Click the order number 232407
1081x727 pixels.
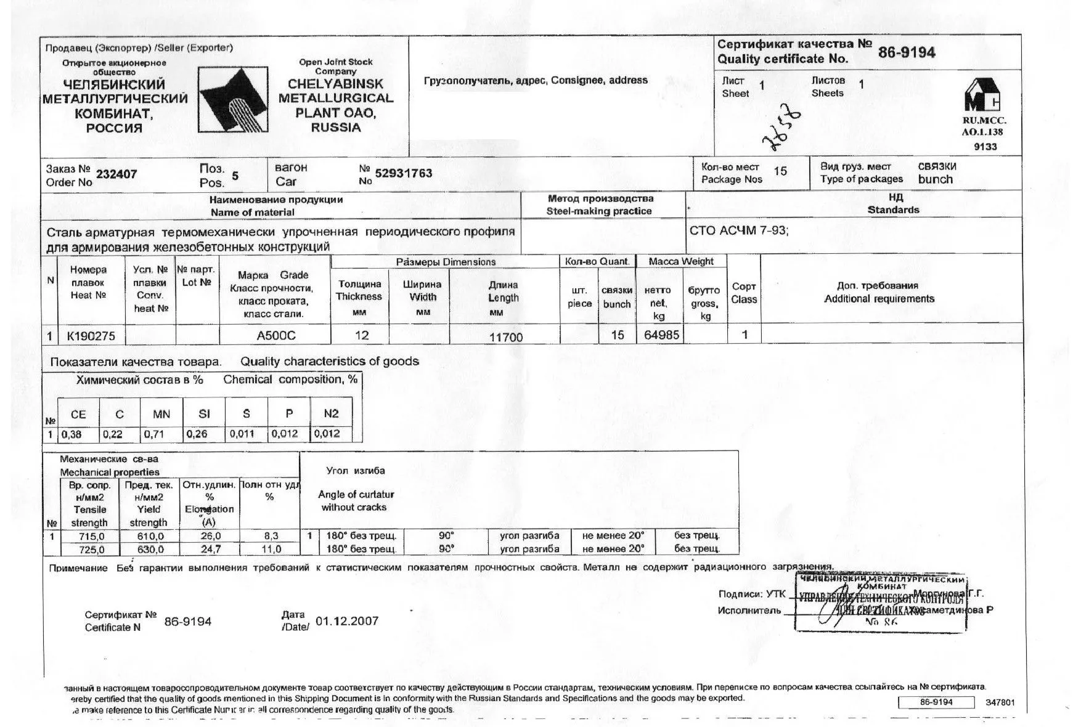click(116, 174)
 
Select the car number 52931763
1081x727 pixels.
click(403, 173)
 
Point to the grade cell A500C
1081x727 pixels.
click(275, 336)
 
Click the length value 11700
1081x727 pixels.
click(505, 337)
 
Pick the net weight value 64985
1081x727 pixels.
click(661, 335)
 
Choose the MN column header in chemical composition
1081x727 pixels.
click(161, 414)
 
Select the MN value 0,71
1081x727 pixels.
click(154, 434)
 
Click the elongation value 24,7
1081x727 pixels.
click(210, 549)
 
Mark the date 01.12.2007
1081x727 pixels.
click(346, 621)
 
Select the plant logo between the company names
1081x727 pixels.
click(234, 100)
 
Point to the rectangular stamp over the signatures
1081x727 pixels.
click(880, 603)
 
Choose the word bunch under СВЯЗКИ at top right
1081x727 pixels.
click(935, 180)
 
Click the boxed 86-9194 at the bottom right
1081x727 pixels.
click(936, 702)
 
